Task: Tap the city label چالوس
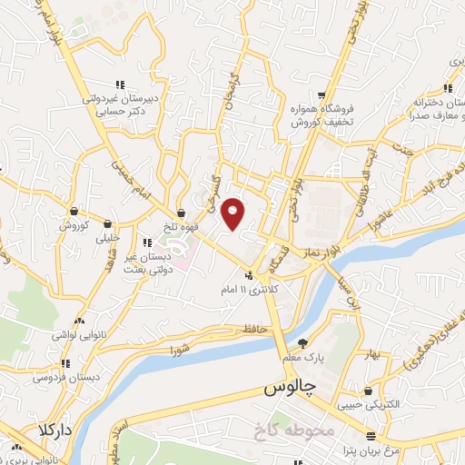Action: [288, 389]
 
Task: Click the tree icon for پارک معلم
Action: [302, 342]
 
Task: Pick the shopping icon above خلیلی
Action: [108, 223]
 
